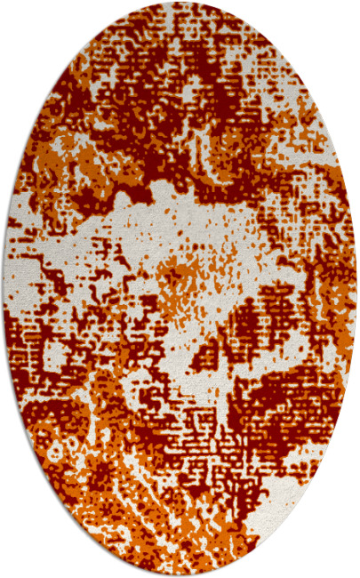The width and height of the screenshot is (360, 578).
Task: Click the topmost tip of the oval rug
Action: [x=180, y=4]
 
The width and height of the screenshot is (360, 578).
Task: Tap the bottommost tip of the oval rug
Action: [x=180, y=574]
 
